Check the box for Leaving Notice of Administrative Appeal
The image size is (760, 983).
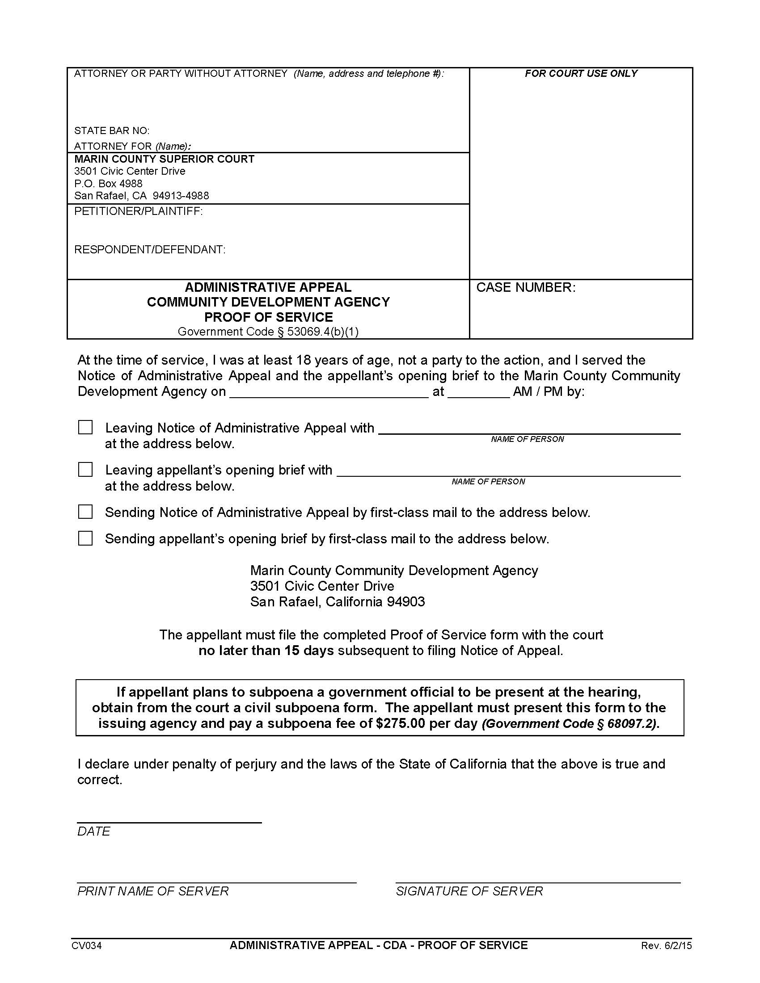pos(85,427)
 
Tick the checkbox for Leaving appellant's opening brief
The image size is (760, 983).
pos(85,470)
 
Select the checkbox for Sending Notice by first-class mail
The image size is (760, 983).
pos(85,512)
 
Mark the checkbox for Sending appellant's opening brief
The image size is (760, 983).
pos(85,538)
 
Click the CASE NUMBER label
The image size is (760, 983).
pos(525,288)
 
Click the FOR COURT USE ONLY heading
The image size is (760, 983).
pos(581,74)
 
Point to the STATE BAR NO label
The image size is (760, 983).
pos(112,131)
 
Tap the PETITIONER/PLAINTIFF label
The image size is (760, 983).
pos(138,211)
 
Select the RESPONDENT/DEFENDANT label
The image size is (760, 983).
pos(149,249)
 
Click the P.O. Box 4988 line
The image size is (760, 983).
pos(108,184)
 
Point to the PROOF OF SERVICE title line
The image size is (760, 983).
pos(268,317)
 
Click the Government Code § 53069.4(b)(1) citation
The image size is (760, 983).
pos(268,332)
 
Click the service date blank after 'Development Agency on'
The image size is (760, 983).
pos(329,391)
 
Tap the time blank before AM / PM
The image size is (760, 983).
pos(478,391)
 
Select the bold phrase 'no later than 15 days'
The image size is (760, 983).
pos(266,651)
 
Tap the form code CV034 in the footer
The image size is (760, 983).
pos(86,945)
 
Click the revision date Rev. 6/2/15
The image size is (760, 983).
pos(666,945)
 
